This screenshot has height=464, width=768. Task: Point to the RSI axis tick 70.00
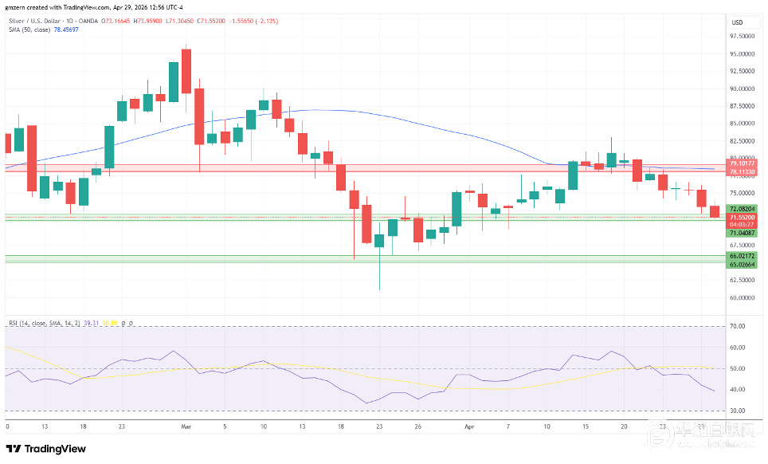coord(738,327)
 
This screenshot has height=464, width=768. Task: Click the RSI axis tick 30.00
coord(738,411)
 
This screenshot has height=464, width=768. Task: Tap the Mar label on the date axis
coord(186,427)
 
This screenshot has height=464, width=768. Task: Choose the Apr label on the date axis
coord(469,427)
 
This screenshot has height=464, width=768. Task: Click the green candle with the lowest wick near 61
coord(379,240)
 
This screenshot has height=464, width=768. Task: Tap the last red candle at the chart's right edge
coord(715,211)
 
